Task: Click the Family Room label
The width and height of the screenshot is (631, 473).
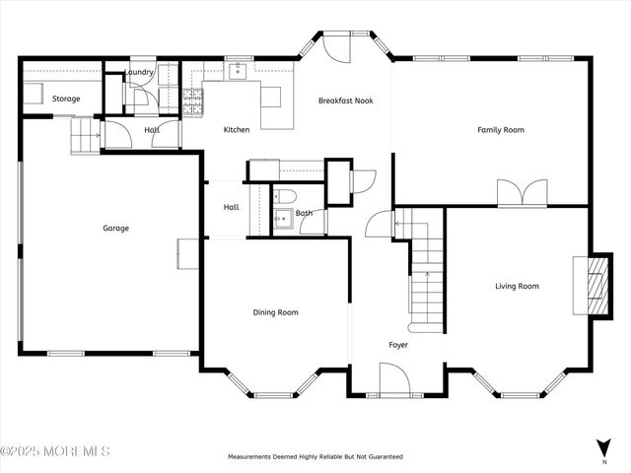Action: click(x=500, y=130)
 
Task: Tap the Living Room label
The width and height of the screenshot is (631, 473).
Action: click(x=517, y=287)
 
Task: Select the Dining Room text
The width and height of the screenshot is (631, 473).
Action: click(x=276, y=312)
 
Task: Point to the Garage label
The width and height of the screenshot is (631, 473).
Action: click(x=115, y=229)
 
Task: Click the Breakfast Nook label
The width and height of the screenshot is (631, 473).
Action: click(x=345, y=101)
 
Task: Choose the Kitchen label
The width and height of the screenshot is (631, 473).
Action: click(x=237, y=130)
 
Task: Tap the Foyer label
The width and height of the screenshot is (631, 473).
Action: click(x=398, y=345)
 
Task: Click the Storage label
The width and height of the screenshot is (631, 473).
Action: click(x=66, y=99)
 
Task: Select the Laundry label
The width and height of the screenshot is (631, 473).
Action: click(x=138, y=72)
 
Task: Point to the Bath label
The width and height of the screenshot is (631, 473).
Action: click(x=304, y=213)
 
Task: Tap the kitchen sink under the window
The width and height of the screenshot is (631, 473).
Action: click(x=238, y=72)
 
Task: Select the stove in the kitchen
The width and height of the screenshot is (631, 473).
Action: click(x=193, y=99)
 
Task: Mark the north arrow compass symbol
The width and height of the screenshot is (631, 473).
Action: click(x=603, y=447)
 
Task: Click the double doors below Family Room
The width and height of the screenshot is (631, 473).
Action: click(x=522, y=193)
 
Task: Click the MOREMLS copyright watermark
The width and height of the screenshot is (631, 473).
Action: click(x=55, y=452)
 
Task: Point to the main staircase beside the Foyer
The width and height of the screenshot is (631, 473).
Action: click(x=428, y=281)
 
